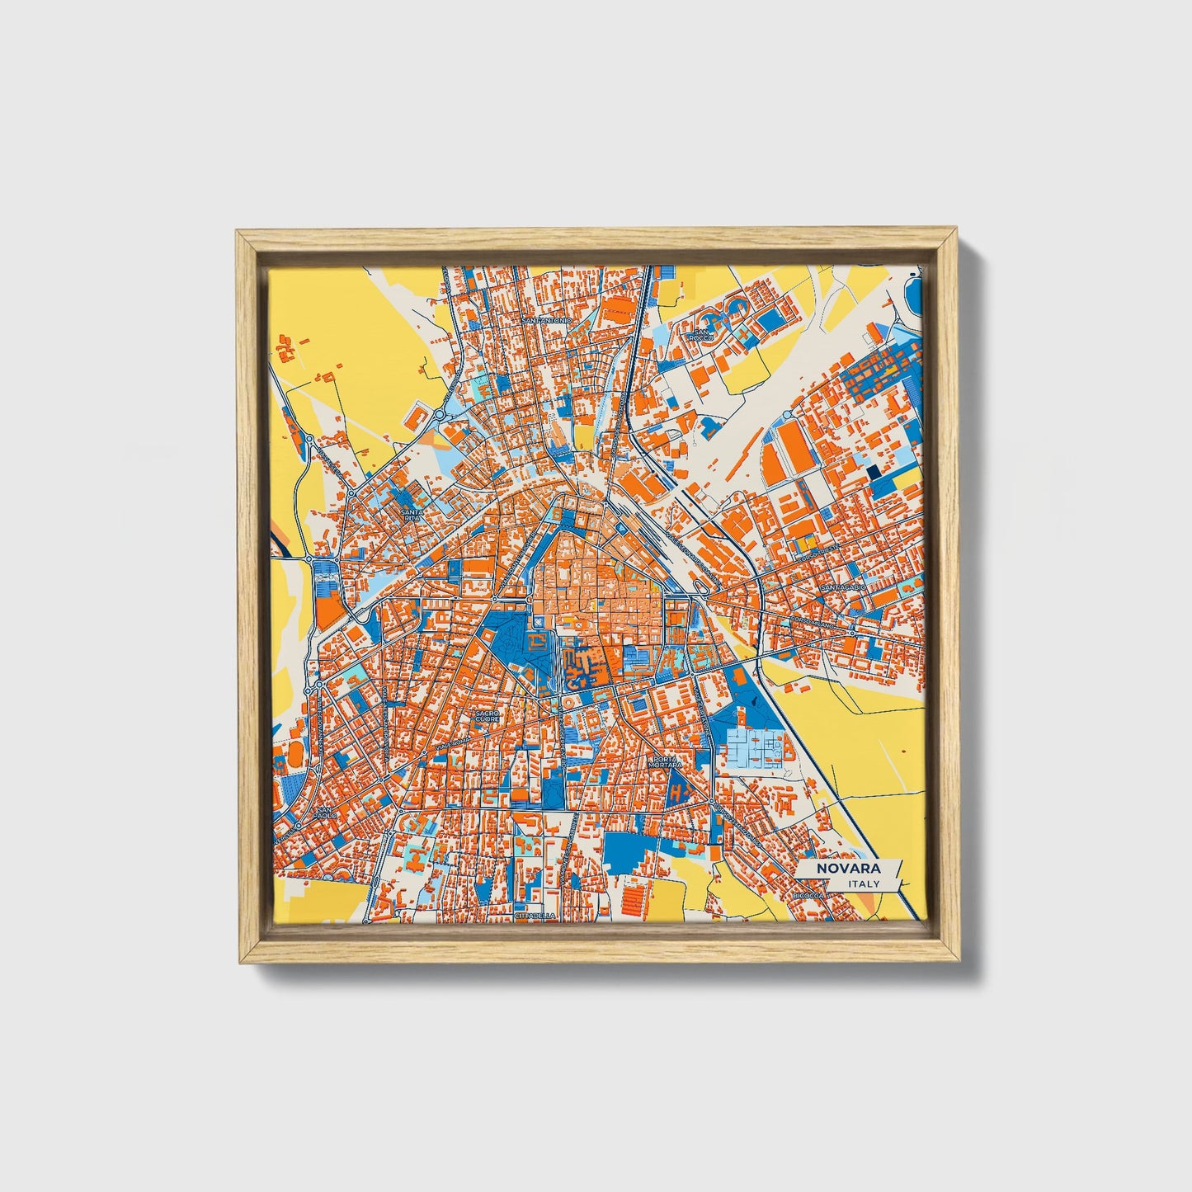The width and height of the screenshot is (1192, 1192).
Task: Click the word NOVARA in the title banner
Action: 848,869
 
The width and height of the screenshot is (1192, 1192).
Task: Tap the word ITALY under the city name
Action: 864,884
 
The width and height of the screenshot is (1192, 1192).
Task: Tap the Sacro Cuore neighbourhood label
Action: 488,714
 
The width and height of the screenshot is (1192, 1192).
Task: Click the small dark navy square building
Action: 873,472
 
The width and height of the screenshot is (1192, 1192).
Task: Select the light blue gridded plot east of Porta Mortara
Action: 755,749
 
